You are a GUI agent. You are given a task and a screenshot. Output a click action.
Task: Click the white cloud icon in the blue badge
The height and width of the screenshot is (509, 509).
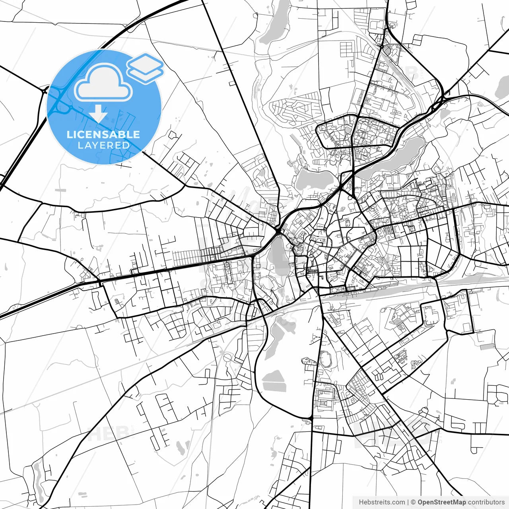103,84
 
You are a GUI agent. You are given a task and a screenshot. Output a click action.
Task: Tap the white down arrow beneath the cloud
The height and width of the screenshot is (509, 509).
98,115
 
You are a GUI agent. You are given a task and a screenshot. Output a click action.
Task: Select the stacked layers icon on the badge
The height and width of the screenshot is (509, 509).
146,68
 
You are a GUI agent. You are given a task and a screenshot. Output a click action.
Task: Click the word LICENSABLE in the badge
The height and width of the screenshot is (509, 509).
103,134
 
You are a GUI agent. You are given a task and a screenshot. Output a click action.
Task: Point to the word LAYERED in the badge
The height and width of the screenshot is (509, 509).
103,145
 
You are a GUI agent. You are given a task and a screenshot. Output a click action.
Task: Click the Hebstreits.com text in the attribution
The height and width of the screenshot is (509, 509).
382,502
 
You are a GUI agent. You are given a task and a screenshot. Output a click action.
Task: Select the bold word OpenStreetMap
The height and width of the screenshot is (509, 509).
441,502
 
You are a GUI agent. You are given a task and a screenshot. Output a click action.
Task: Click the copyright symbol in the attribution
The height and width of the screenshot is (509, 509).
413,502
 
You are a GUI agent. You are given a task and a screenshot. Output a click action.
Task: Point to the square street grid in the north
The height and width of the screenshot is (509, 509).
346,50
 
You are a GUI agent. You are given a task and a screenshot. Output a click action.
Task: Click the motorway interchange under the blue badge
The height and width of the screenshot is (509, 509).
58,103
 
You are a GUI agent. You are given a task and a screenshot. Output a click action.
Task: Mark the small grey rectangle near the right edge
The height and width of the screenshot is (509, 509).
486,346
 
